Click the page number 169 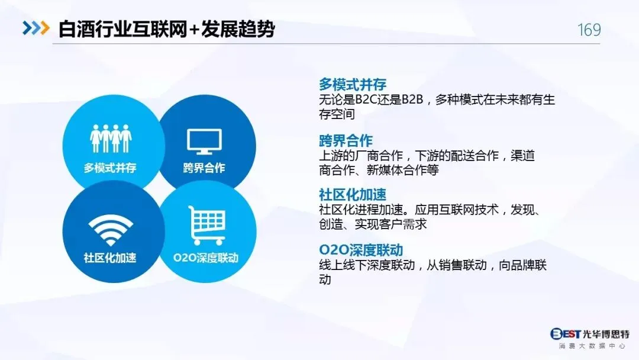tap(589, 30)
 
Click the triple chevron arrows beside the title tap(36, 28)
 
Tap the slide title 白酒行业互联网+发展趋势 tap(167, 29)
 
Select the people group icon tap(111, 139)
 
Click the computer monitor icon tap(204, 142)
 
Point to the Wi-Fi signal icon tap(111, 230)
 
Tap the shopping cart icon tap(206, 225)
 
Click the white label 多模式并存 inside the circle tap(110, 168)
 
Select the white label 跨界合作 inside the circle tap(204, 168)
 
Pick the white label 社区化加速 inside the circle tap(110, 258)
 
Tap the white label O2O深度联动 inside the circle tap(206, 258)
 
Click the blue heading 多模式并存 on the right tap(353, 85)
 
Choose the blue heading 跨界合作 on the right tap(346, 141)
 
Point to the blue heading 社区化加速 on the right tap(353, 194)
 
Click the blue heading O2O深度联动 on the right tap(361, 250)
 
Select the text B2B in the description tap(412, 99)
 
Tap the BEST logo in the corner tap(565, 334)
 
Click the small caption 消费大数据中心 tap(592, 346)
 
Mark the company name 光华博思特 tap(606, 334)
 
